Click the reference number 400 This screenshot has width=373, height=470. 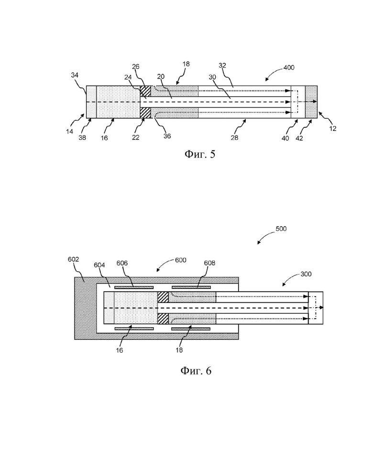[289, 68]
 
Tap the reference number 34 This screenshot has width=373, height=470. [75, 75]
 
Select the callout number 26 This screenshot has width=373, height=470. [136, 67]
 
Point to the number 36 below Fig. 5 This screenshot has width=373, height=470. [167, 136]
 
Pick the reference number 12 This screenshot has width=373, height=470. [333, 128]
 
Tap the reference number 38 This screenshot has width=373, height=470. [82, 138]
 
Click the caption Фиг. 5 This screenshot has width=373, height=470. [200, 154]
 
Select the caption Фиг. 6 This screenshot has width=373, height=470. [196, 371]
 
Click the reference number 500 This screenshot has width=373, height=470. [281, 229]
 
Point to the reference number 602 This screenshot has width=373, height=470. [73, 259]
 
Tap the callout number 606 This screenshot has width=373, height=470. [122, 263]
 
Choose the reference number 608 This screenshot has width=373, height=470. [209, 263]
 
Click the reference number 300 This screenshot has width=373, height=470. [306, 274]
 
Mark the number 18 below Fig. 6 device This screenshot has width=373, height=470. [179, 350]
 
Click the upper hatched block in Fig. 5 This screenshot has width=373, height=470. [146, 91]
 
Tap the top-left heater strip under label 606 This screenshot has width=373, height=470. [134, 287]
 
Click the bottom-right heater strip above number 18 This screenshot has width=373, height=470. [191, 329]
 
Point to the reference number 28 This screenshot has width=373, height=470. [234, 138]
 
